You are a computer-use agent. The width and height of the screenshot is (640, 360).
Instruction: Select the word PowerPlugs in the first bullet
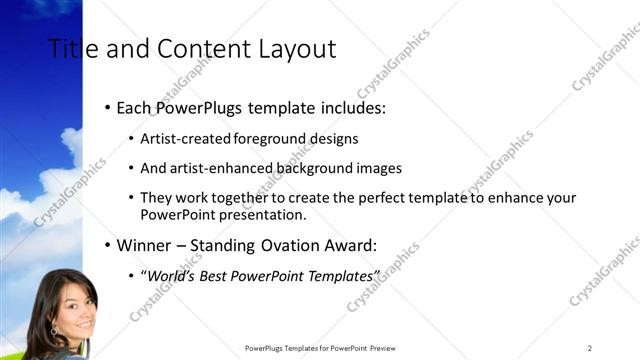tap(195, 106)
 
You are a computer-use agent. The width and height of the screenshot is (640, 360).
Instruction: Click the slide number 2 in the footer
tap(590, 348)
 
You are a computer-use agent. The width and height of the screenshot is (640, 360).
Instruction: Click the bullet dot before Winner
tap(108, 244)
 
